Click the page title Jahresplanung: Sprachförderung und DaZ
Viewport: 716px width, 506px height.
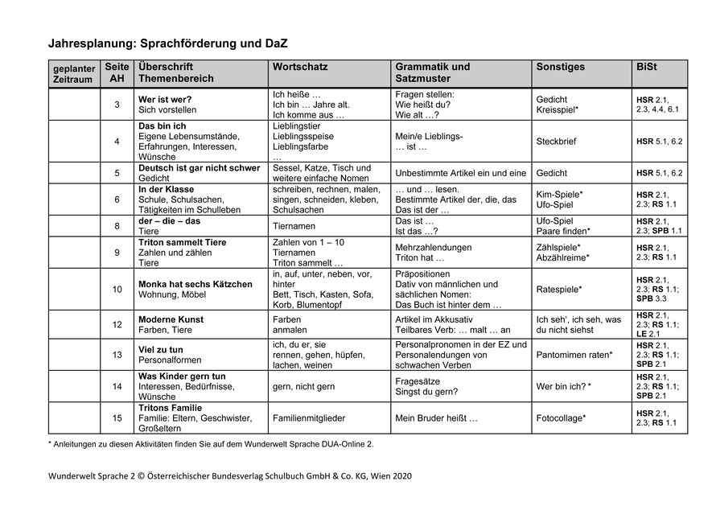point(167,43)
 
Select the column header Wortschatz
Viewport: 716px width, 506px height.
point(300,67)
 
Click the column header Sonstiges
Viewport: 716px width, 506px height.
point(561,67)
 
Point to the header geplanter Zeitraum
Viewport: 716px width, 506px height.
point(74,73)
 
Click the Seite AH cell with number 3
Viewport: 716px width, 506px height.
point(117,105)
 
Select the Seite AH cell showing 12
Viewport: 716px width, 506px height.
point(117,324)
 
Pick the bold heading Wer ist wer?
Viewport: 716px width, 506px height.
point(165,99)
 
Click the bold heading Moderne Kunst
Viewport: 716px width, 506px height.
point(171,319)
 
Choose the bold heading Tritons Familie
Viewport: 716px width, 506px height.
point(171,408)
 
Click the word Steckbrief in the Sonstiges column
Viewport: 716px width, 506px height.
point(557,142)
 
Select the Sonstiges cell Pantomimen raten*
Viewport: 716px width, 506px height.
point(574,355)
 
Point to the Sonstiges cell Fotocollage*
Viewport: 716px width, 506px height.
point(561,418)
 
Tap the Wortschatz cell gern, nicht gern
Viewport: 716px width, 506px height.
point(304,387)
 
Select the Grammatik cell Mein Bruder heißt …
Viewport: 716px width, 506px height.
point(436,418)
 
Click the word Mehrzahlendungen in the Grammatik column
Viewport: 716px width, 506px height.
point(434,247)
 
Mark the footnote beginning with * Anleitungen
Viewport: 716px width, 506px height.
point(211,443)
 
